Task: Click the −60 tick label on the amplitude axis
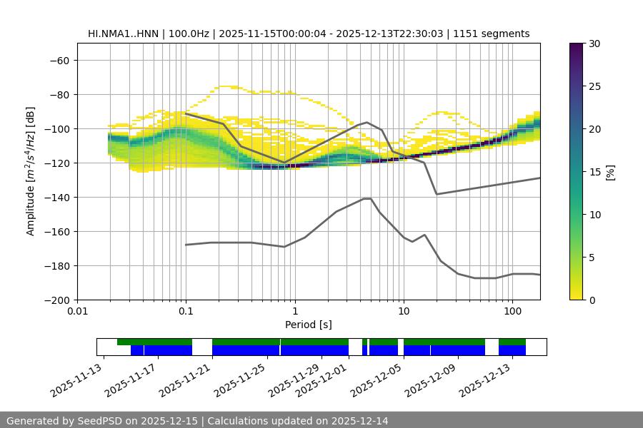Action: [59, 60]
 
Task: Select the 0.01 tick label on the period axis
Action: [77, 312]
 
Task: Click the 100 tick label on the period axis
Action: [512, 312]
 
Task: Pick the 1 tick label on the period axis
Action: [294, 312]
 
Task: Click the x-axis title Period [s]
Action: [309, 325]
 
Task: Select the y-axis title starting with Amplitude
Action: [31, 171]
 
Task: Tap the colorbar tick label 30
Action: [594, 44]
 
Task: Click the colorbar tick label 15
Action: [594, 172]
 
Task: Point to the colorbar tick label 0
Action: [592, 300]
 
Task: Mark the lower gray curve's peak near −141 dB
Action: [367, 198]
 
